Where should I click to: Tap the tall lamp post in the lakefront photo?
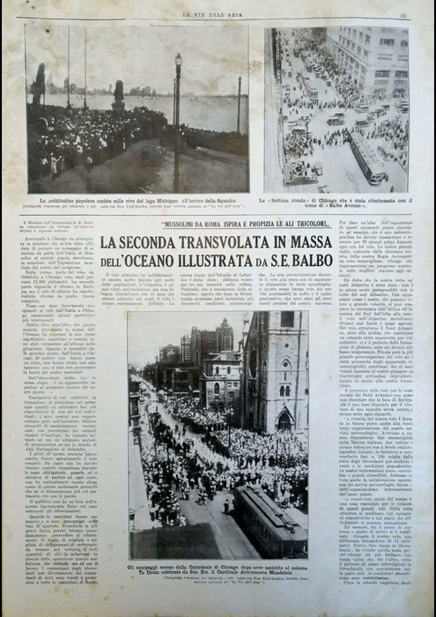pyautogui.click(x=178, y=123)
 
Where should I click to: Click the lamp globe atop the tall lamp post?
pyautogui.click(x=178, y=61)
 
